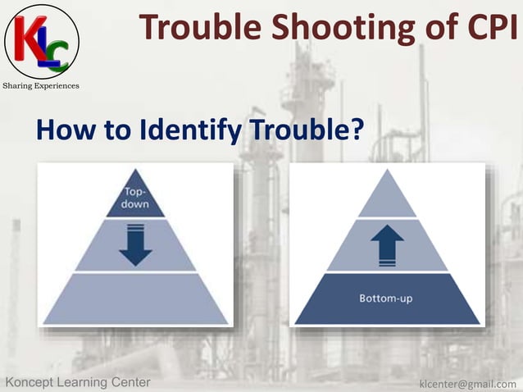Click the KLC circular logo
(42, 40)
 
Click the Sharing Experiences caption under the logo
(42, 86)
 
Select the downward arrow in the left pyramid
(135, 244)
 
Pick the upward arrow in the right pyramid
(387, 244)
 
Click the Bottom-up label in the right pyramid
(386, 298)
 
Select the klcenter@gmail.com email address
(467, 383)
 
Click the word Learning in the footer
(87, 382)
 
